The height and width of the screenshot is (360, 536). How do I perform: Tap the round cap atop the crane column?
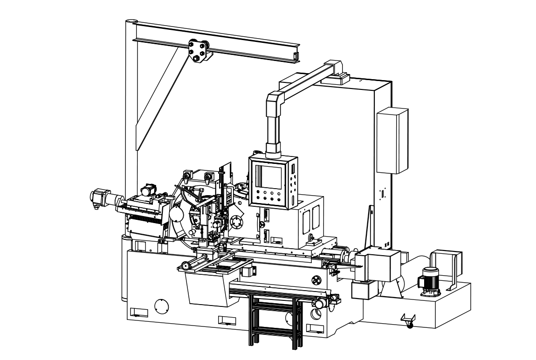pos(131,21)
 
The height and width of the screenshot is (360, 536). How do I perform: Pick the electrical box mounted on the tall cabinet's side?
pos(392,140)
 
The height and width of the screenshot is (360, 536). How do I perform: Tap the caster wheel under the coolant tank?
pos(409,324)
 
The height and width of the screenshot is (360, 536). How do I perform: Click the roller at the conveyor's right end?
pos(320,304)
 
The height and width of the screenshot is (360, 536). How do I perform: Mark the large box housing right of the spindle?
pos(375,265)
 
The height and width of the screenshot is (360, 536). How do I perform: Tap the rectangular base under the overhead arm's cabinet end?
pos(335,78)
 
